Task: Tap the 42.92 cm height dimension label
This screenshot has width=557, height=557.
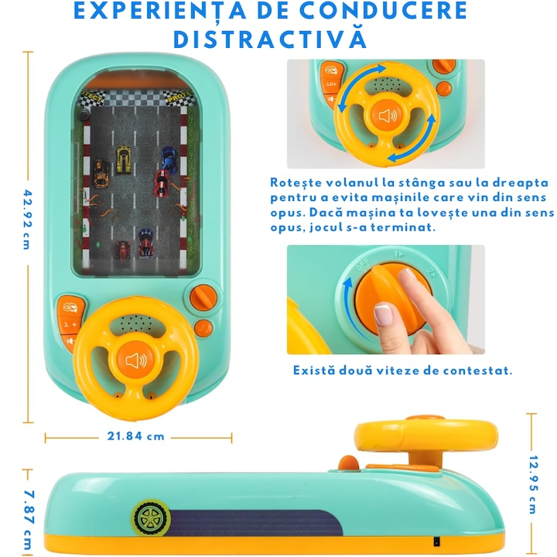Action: pos(28,220)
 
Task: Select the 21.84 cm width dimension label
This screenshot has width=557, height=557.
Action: pos(135,436)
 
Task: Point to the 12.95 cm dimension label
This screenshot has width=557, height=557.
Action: pos(533,484)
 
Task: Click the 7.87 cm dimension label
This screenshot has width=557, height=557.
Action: pos(29,519)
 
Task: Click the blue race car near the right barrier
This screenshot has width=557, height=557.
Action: pos(169,159)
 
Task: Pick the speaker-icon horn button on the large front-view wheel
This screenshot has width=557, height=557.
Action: pos(135,360)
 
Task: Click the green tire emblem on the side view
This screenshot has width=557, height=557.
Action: pos(151,518)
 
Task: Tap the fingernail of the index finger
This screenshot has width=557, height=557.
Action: pos(383,313)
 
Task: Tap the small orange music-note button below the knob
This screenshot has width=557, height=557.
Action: pos(203,329)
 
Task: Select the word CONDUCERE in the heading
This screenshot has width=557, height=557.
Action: pos(383,11)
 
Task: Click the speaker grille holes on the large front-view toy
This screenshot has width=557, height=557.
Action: pos(136,323)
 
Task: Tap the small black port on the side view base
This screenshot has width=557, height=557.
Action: pos(436,542)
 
